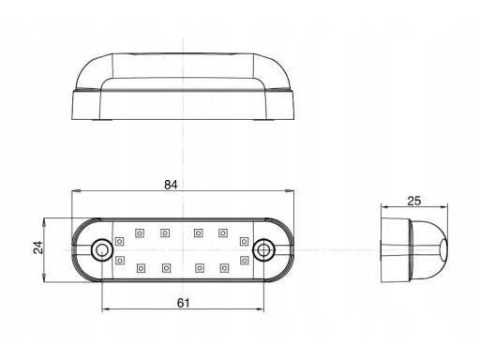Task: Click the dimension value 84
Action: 171,185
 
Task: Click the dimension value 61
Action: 183,303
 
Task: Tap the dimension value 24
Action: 38,247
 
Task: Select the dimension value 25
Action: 414,201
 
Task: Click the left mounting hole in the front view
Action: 101,250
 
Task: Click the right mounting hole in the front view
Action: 263,249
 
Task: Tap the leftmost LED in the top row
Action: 140,233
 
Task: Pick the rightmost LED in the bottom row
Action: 224,268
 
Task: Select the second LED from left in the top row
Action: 165,233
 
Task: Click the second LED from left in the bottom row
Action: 166,268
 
